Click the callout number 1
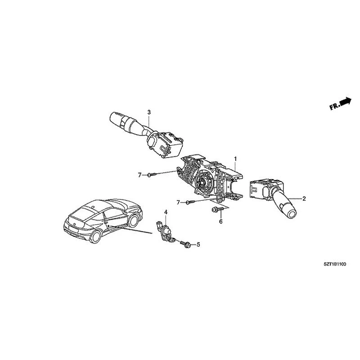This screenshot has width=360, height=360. click(x=235, y=159)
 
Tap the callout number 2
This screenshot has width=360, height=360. click(x=304, y=198)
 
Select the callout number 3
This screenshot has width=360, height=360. click(x=149, y=112)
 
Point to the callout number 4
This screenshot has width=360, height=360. click(x=166, y=212)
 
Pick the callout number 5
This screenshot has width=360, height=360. click(x=198, y=245)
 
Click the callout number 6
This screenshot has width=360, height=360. click(x=220, y=221)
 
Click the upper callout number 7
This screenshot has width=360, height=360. click(x=139, y=175)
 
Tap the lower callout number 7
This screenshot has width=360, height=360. click(x=178, y=202)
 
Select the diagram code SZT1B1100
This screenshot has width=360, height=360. click(x=335, y=264)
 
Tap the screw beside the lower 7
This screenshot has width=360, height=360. click(x=190, y=202)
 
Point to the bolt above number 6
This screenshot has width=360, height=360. click(x=217, y=209)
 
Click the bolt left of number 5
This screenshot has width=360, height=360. click(x=185, y=244)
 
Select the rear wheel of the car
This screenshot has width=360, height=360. click(x=96, y=237)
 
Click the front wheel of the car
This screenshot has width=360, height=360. click(x=133, y=220)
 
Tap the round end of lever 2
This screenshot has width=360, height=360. click(x=292, y=215)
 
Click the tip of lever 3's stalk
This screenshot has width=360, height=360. click(x=113, y=118)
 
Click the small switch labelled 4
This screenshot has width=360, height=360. click(x=165, y=231)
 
